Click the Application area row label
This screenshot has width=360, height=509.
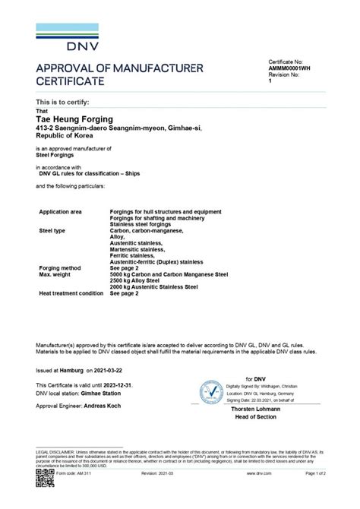point(60,211)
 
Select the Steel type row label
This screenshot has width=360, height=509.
point(53,229)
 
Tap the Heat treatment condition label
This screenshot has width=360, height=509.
point(71,293)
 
